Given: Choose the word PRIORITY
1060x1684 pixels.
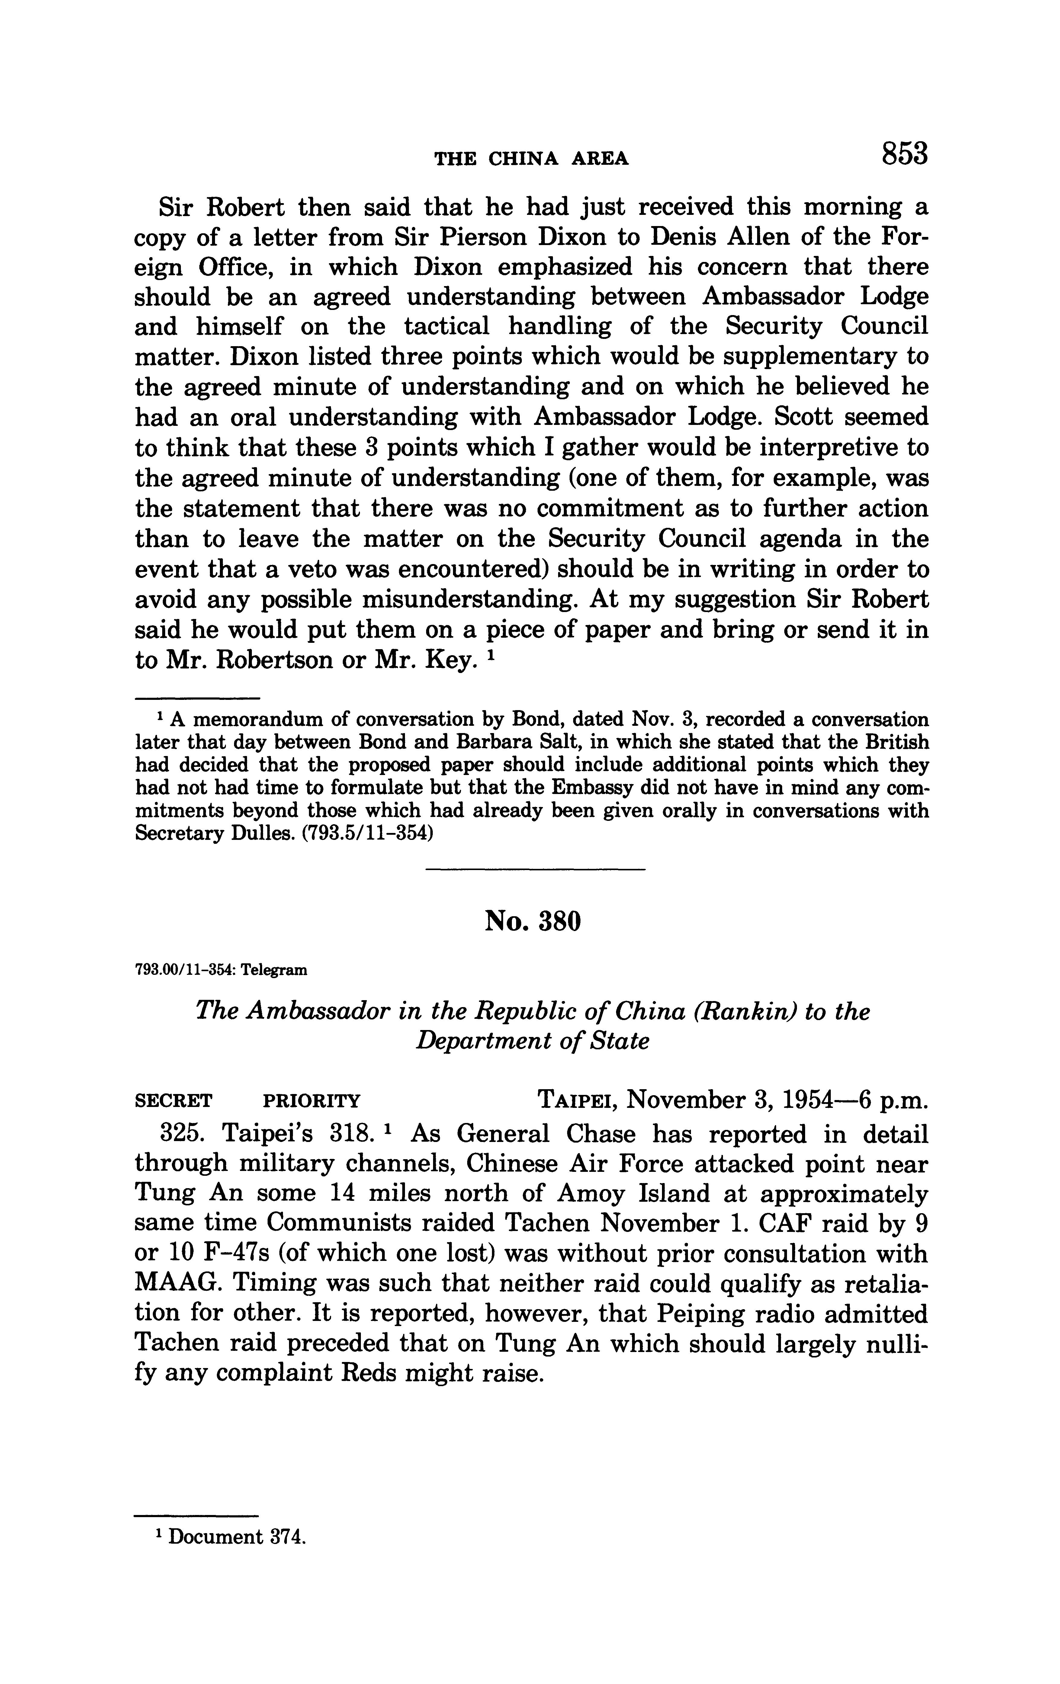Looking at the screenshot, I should pyautogui.click(x=311, y=1102).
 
